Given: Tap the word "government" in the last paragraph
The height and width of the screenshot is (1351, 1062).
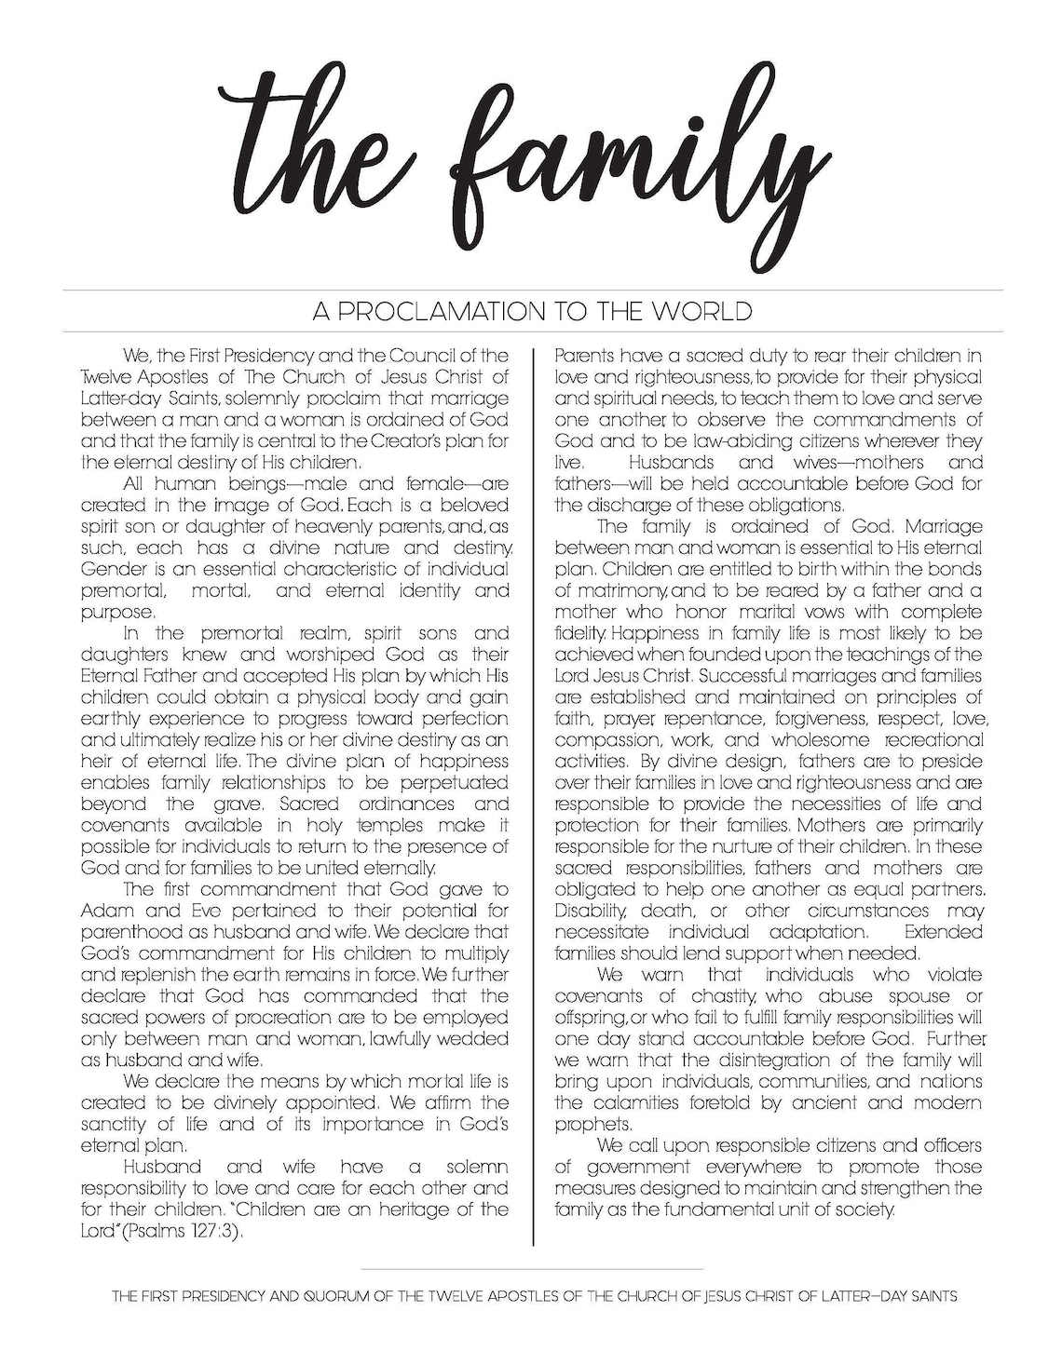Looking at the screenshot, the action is pyautogui.click(x=637, y=1167).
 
